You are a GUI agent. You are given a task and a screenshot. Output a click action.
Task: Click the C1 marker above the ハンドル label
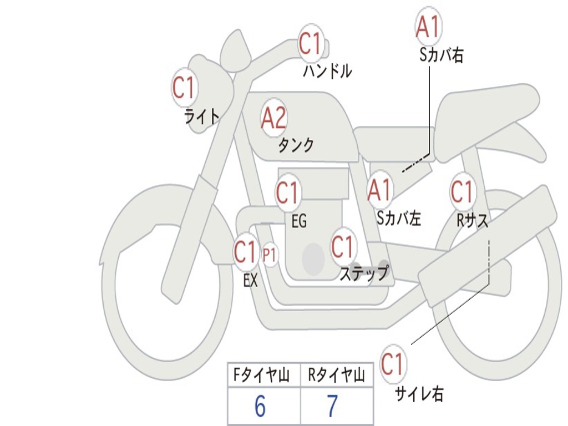pos(311,44)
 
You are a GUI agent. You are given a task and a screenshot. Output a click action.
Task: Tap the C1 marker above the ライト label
pos(184,87)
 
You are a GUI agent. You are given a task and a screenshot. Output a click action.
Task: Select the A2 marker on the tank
pos(274,118)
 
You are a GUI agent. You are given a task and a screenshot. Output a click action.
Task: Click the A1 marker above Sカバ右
pos(429,26)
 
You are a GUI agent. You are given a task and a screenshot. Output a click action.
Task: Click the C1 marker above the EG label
pos(288,192)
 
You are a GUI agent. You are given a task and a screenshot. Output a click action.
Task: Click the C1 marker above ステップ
pos(343,246)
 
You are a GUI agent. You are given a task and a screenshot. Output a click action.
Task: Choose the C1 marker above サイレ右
pos(393,363)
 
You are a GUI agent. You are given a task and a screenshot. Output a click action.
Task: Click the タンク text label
pos(296,145)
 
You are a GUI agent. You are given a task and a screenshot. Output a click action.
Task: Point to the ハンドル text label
pos(327,71)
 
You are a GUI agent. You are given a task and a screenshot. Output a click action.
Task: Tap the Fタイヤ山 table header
pos(261,375)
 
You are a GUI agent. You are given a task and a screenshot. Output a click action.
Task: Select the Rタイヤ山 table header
pos(337,375)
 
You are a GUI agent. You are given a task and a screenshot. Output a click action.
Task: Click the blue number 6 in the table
pos(260,405)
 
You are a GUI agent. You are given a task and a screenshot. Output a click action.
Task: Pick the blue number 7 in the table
pos(333,405)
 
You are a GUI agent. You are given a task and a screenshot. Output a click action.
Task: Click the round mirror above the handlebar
pos(235,50)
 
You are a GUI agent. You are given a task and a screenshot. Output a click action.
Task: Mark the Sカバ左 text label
pos(399,218)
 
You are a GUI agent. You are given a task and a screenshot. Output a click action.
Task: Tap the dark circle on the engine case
pos(313,258)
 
